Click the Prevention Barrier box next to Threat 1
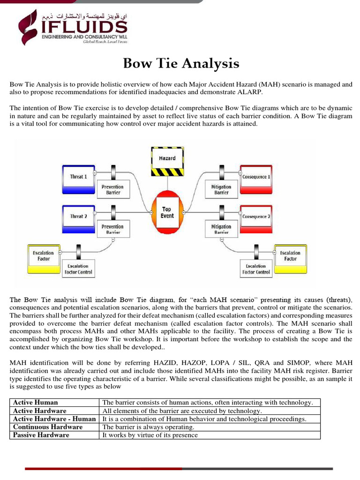tap(112, 189)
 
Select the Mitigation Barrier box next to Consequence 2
tap(221, 229)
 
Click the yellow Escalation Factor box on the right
tap(290, 255)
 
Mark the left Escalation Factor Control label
tap(78, 269)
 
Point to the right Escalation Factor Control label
tap(256, 269)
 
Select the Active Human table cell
tap(36, 402)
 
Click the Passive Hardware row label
tap(41, 435)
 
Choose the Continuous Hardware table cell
tap(48, 427)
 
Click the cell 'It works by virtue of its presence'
tap(150, 435)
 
